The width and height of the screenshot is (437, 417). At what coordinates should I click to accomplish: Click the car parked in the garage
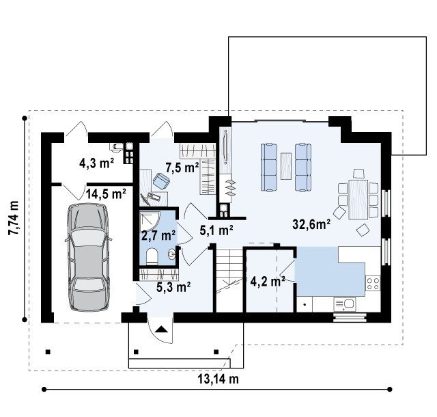click(x=89, y=257)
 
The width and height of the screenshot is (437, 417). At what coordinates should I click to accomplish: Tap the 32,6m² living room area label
click(x=311, y=224)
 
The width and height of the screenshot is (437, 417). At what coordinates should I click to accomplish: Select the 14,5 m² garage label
click(x=106, y=193)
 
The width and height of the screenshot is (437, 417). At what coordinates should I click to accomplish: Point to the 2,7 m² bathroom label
click(x=158, y=235)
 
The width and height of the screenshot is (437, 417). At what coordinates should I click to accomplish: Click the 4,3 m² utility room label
click(x=97, y=163)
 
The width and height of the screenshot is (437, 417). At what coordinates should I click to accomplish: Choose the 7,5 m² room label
click(x=182, y=167)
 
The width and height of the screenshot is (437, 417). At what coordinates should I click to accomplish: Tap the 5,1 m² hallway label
click(x=216, y=230)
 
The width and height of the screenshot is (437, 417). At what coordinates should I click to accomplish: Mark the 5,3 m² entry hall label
click(x=173, y=286)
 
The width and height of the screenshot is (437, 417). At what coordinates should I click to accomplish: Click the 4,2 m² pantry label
click(x=268, y=282)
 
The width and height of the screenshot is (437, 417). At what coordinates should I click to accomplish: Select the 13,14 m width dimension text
click(x=218, y=379)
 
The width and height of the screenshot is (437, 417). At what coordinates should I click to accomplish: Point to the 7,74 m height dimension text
click(x=14, y=217)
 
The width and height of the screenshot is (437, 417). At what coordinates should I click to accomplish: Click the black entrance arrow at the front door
click(x=161, y=329)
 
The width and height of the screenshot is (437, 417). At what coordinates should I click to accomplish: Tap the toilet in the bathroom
click(x=152, y=256)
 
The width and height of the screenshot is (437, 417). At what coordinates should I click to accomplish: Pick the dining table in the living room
click(x=358, y=199)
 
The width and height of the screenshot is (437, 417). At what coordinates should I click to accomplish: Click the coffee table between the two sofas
click(x=286, y=166)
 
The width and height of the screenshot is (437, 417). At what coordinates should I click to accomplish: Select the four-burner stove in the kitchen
click(x=373, y=283)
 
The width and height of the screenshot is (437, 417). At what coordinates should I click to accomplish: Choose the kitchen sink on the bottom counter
click(x=344, y=304)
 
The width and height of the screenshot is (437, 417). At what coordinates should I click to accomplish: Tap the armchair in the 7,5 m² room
click(x=161, y=181)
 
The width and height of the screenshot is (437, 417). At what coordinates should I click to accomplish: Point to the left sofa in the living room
click(x=269, y=167)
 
